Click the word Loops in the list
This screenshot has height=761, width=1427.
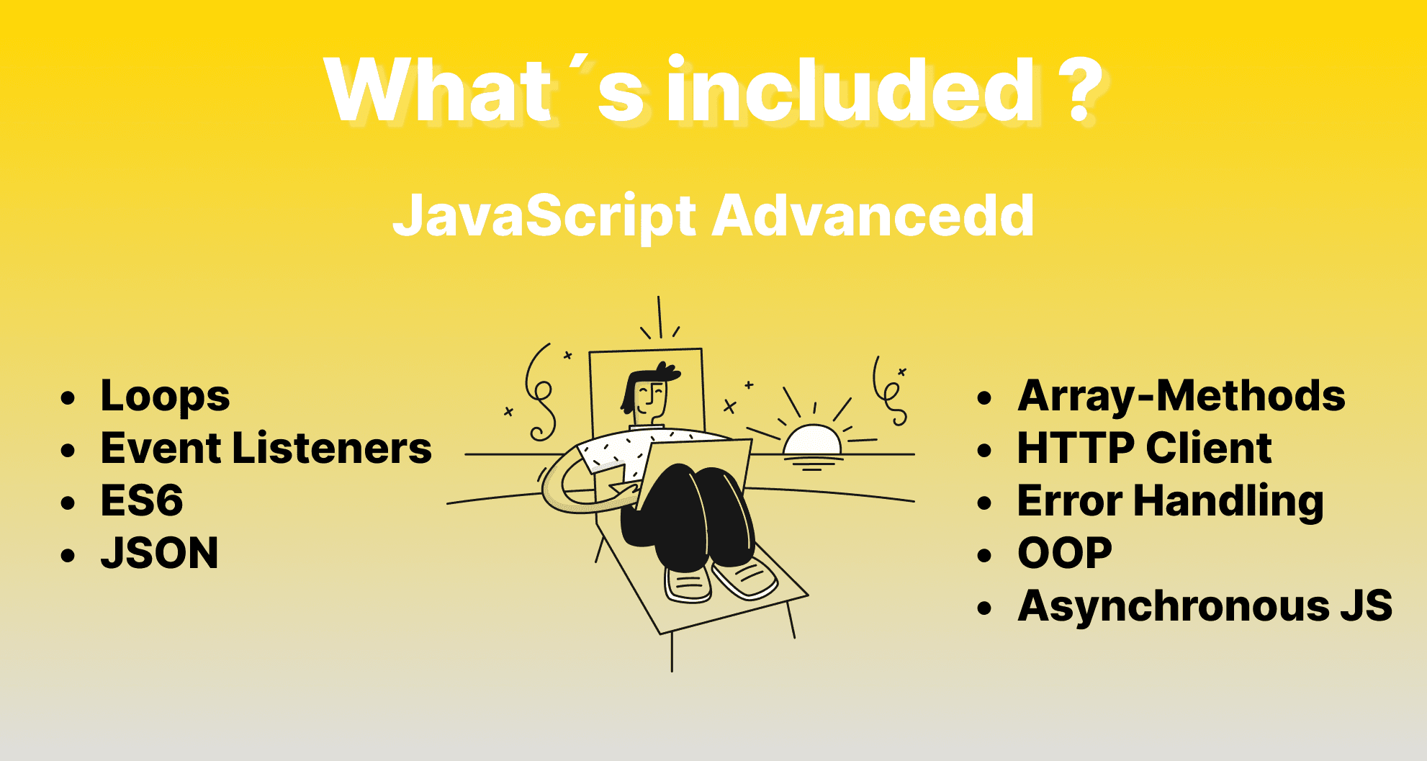click(165, 397)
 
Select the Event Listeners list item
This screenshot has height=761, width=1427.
click(266, 448)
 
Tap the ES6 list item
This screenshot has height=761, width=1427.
click(142, 500)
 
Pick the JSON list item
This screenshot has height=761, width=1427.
click(159, 553)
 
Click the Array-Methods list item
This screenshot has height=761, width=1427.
click(1181, 397)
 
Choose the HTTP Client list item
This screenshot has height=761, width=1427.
click(1145, 448)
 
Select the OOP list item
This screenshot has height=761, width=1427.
click(1065, 553)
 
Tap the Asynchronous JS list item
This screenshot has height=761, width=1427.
click(1205, 606)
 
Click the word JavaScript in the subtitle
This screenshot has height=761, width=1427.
click(544, 217)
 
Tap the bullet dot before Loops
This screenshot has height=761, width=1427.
click(68, 398)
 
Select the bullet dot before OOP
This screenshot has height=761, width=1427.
click(985, 554)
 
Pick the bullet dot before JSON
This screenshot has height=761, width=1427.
click(68, 554)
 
